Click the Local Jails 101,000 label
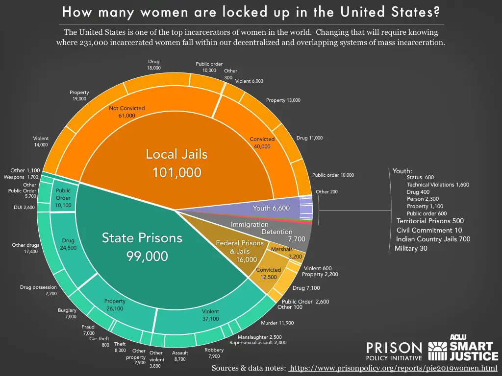[x=176, y=163]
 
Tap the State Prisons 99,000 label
[x=142, y=247]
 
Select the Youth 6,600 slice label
[x=271, y=208]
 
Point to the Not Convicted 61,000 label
[x=127, y=112]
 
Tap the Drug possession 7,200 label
[x=39, y=290]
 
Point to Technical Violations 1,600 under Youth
[x=438, y=185]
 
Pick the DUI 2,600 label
[x=24, y=207]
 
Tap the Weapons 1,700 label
[x=21, y=177]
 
